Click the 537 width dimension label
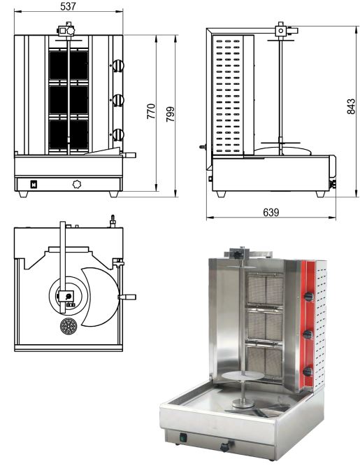[68, 6]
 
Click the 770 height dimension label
[151, 111]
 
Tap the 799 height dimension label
[171, 114]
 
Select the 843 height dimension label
[352, 106]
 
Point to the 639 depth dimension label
[271, 213]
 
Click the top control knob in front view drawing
[118, 66]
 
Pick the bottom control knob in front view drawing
[118, 135]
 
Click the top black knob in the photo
[309, 297]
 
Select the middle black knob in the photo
[308, 334]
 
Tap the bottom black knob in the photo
[308, 372]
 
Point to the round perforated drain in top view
[69, 326]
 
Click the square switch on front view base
[34, 184]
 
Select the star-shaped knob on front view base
[78, 183]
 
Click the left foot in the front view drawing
[23, 194]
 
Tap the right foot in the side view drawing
[321, 194]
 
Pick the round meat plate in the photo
[237, 376]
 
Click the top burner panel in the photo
[266, 290]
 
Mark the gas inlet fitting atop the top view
[113, 221]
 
